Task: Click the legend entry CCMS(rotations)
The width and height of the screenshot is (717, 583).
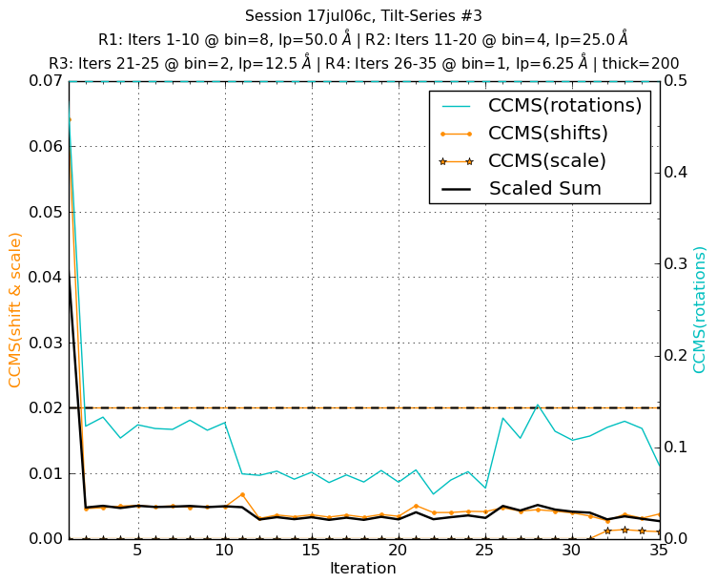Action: click(564, 105)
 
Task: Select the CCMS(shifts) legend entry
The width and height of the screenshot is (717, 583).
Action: click(547, 133)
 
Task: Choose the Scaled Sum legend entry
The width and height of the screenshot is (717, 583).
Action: click(544, 188)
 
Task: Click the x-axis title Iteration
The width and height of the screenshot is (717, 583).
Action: click(362, 569)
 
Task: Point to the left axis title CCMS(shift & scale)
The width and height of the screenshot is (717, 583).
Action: click(16, 310)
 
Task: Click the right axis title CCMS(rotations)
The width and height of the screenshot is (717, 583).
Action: click(701, 310)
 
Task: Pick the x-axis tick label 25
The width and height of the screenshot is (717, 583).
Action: click(484, 552)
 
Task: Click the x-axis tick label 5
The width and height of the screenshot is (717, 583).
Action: click(137, 552)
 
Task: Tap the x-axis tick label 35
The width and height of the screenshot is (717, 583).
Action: click(658, 552)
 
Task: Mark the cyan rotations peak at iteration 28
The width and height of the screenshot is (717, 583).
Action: click(537, 405)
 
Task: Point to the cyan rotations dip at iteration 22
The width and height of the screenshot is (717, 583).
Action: click(433, 493)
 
